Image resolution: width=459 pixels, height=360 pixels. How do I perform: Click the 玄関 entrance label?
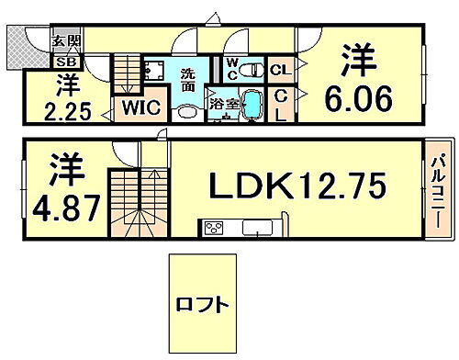pyautogui.click(x=65, y=40)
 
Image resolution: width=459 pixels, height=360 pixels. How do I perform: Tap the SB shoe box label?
pyautogui.click(x=66, y=62)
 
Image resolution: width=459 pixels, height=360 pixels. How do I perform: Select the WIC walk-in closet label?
pyautogui.click(x=142, y=108)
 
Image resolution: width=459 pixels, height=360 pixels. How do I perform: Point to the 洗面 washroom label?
pyautogui.click(x=187, y=79)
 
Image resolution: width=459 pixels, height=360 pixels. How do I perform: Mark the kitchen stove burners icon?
pyautogui.click(x=213, y=228)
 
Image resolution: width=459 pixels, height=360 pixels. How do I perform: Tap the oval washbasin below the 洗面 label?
pyautogui.click(x=186, y=108)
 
